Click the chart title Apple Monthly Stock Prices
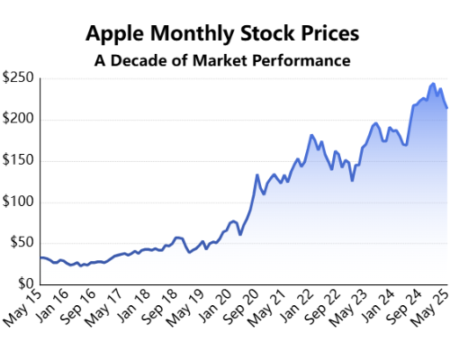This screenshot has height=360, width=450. [x=222, y=34]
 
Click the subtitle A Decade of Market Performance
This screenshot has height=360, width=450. [x=222, y=62]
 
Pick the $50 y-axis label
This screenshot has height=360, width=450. [x=22, y=242]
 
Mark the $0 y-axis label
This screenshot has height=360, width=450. [x=25, y=283]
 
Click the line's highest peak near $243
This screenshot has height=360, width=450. [x=434, y=84]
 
